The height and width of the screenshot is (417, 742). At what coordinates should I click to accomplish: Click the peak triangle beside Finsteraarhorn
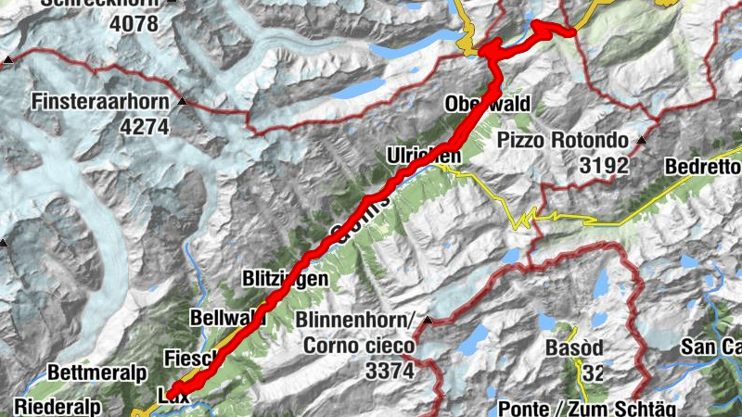(x=183, y=100)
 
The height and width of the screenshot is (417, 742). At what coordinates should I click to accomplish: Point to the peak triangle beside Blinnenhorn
(x=427, y=321)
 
